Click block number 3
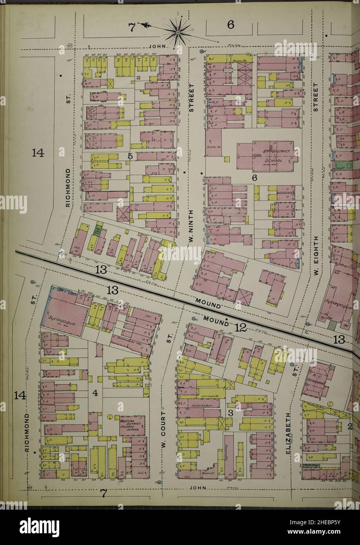pyautogui.click(x=231, y=413)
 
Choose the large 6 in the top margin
pyautogui.click(x=230, y=25)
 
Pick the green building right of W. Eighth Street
pyautogui.click(x=340, y=165)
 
